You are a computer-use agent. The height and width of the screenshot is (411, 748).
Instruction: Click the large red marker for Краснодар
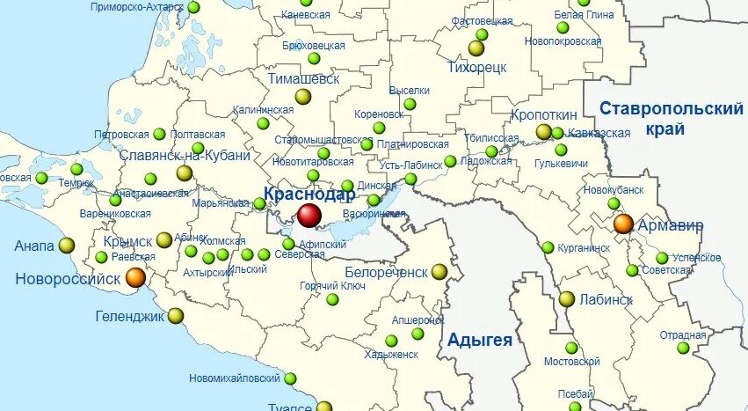click(x=309, y=215)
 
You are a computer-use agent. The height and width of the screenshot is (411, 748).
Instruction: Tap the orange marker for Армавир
click(x=623, y=224)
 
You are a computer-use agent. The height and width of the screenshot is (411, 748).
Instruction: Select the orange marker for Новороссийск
click(x=135, y=277)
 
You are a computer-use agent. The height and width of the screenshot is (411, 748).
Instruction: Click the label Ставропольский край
click(x=670, y=119)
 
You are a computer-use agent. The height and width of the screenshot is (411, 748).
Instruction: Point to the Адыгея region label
click(x=479, y=341)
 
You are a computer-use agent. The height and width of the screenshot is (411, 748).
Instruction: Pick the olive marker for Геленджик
click(x=176, y=315)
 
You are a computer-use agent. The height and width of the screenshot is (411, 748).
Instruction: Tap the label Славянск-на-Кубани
click(x=185, y=155)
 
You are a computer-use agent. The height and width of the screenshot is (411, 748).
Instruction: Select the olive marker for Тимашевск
click(x=303, y=96)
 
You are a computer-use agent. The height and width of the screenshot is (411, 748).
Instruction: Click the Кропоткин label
click(x=543, y=115)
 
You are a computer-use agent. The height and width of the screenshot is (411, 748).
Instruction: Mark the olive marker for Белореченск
click(x=439, y=272)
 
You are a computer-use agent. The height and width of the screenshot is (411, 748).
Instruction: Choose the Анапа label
click(x=34, y=246)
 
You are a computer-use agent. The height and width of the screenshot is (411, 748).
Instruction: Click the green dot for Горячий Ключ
click(x=332, y=299)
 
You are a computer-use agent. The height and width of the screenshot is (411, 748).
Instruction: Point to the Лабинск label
click(x=606, y=299)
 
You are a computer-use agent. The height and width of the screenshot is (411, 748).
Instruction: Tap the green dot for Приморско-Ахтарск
click(x=193, y=7)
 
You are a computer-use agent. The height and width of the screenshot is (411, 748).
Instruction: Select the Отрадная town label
click(x=683, y=334)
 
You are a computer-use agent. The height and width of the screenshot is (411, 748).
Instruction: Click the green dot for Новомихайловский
click(x=290, y=378)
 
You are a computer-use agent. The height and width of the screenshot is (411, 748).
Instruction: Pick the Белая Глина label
click(x=584, y=15)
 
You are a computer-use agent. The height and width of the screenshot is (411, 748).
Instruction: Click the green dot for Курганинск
click(x=548, y=247)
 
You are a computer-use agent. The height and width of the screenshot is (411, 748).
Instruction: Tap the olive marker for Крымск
click(x=164, y=240)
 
